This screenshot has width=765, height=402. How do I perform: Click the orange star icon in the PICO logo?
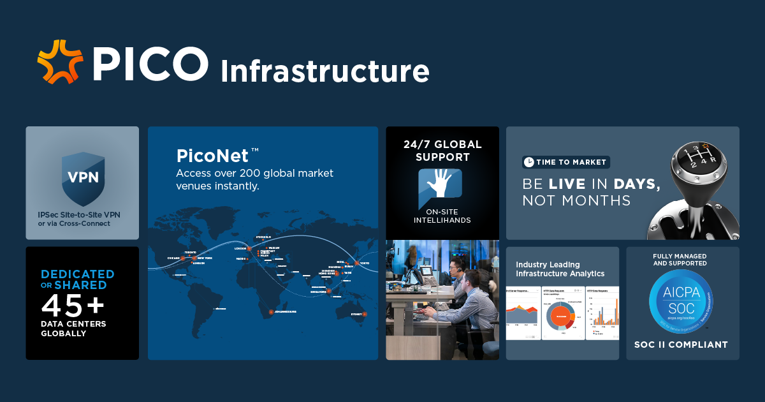tap(60, 61)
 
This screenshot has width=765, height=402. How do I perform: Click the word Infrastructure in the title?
tap(324, 71)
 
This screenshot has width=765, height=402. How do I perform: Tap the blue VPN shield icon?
tap(83, 177)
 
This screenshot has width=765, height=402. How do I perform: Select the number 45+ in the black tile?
tap(72, 305)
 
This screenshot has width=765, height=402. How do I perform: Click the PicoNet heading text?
tap(212, 156)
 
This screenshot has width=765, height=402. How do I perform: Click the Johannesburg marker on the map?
tap(271, 311)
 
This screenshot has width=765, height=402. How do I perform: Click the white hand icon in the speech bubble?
tap(440, 182)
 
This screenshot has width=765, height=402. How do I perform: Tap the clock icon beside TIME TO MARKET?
tap(528, 162)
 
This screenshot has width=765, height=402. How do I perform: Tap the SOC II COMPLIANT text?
tap(681, 345)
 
